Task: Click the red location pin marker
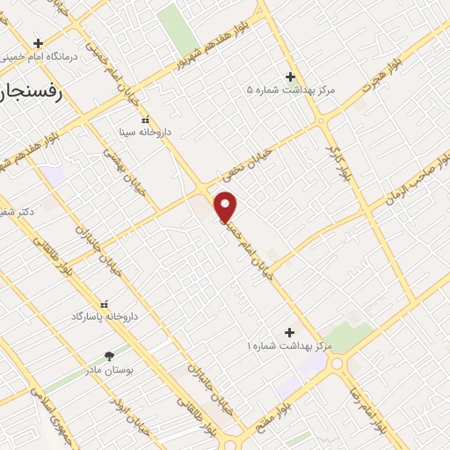click(x=226, y=207)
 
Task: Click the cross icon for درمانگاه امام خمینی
click(x=38, y=42)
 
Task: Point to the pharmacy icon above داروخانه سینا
click(x=146, y=119)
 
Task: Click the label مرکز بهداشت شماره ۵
click(x=291, y=90)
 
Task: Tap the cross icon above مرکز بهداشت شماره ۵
click(x=291, y=76)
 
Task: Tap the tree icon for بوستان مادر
click(x=109, y=356)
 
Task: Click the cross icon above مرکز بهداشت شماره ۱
click(x=289, y=331)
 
